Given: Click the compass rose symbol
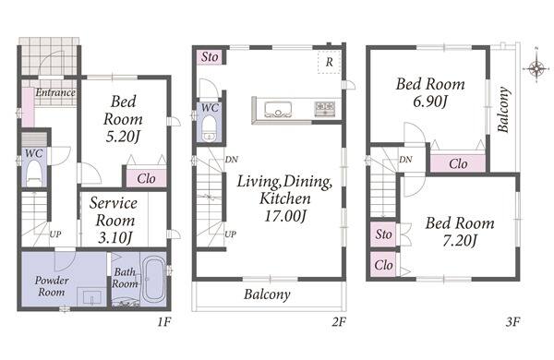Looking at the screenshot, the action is pyautogui.click(x=536, y=67).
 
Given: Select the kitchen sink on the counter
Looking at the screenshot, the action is pyautogui.click(x=278, y=109).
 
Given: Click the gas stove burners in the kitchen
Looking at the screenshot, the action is pyautogui.click(x=325, y=108).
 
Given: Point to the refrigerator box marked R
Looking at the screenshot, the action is pyautogui.click(x=329, y=62).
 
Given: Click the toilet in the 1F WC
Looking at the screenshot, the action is pyautogui.click(x=34, y=173).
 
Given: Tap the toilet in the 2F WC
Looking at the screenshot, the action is pyautogui.click(x=210, y=128).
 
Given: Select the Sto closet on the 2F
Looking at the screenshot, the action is pyautogui.click(x=210, y=56).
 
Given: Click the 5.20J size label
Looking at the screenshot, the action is pyautogui.click(x=124, y=137).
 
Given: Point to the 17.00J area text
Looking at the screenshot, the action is pyautogui.click(x=284, y=215).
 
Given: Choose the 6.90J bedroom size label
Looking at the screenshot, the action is pyautogui.click(x=430, y=102).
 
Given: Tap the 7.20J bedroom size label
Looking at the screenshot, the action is pyautogui.click(x=460, y=241).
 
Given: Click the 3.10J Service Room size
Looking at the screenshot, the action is pyautogui.click(x=115, y=237).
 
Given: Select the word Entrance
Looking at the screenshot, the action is pyautogui.click(x=55, y=92).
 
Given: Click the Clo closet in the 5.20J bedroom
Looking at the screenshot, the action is pyautogui.click(x=146, y=178).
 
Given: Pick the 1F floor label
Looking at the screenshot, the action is pyautogui.click(x=163, y=322).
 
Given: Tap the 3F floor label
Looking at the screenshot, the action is pyautogui.click(x=512, y=322).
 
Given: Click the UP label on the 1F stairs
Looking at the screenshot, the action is pyautogui.click(x=55, y=234).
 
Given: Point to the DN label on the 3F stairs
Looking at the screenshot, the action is pyautogui.click(x=405, y=160).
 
